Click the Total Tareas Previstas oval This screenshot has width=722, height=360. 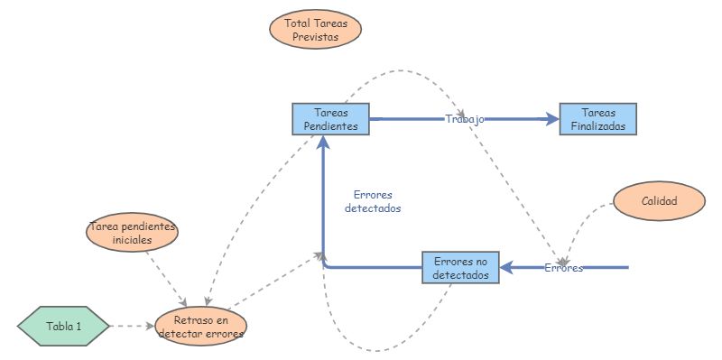pyautogui.click(x=316, y=30)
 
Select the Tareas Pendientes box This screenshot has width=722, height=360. pyautogui.click(x=330, y=119)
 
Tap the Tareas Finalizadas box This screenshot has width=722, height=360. pyautogui.click(x=597, y=119)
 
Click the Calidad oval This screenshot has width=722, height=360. pyautogui.click(x=659, y=201)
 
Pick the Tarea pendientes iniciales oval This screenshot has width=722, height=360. pyautogui.click(x=133, y=234)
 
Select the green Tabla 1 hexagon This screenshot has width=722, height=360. pyautogui.click(x=64, y=326)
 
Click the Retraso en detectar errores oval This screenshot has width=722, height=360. pyautogui.click(x=200, y=326)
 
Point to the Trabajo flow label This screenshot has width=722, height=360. pyautogui.click(x=465, y=119)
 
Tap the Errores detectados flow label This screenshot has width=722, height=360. pyautogui.click(x=373, y=201)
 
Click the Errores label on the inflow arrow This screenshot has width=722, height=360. pyautogui.click(x=563, y=268)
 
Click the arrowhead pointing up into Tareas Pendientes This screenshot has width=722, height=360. pyautogui.click(x=323, y=143)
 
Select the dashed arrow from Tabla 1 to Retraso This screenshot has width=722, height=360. pyautogui.click(x=131, y=326)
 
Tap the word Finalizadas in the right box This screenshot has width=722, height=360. pyautogui.click(x=597, y=126)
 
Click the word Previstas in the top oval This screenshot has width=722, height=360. pyautogui.click(x=316, y=37)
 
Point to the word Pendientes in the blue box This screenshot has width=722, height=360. pyautogui.click(x=330, y=126)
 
